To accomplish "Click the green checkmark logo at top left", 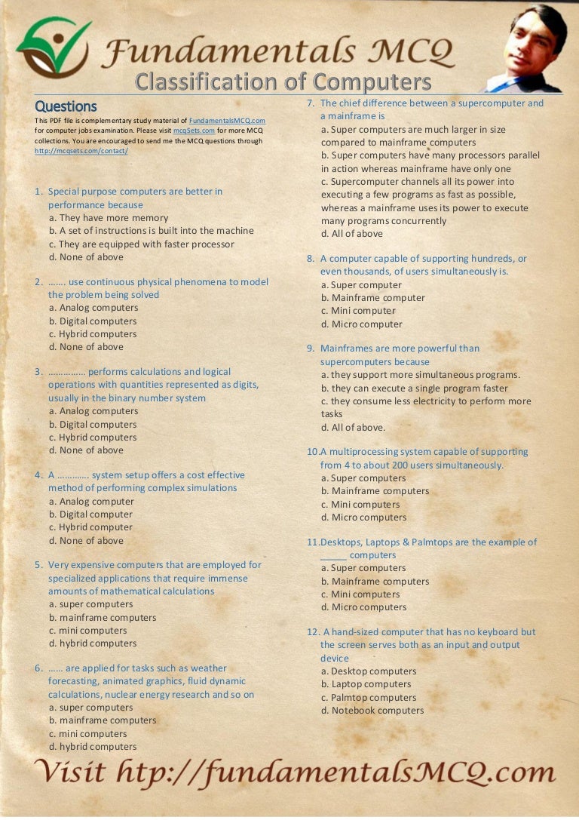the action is pyautogui.click(x=53, y=47).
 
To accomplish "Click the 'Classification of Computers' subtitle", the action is pyautogui.click(x=283, y=81).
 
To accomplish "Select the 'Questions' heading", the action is pyautogui.click(x=66, y=106).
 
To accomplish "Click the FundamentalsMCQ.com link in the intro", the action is pyautogui.click(x=226, y=121).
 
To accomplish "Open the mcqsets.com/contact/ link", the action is pyautogui.click(x=81, y=151).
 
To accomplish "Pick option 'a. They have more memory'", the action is pyautogui.click(x=109, y=218).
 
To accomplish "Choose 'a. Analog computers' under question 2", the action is pyautogui.click(x=93, y=308).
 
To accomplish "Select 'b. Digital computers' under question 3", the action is pyautogui.click(x=93, y=424).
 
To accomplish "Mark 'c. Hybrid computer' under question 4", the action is pyautogui.click(x=90, y=527).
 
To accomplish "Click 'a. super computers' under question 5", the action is pyautogui.click(x=90, y=604).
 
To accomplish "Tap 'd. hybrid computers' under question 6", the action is pyautogui.click(x=93, y=747).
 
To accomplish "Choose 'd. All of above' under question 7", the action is pyautogui.click(x=352, y=234).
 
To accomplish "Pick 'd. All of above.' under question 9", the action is pyautogui.click(x=353, y=427).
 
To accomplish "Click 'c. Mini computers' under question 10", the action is pyautogui.click(x=360, y=505).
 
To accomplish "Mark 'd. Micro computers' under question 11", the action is pyautogui.click(x=363, y=607).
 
